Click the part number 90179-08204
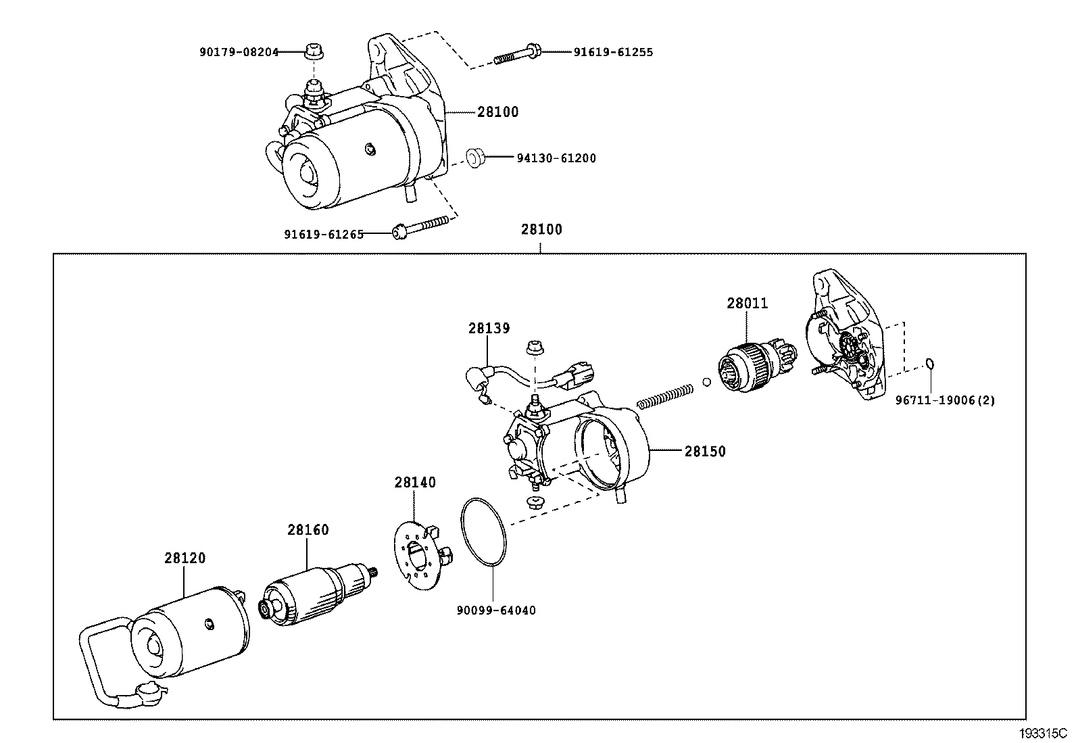239,51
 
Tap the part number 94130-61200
556,158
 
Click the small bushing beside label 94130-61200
476,158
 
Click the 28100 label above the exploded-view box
541,229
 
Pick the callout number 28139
489,329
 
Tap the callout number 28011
748,304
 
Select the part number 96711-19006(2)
945,400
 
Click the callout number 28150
705,451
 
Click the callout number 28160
308,530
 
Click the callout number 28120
185,558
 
